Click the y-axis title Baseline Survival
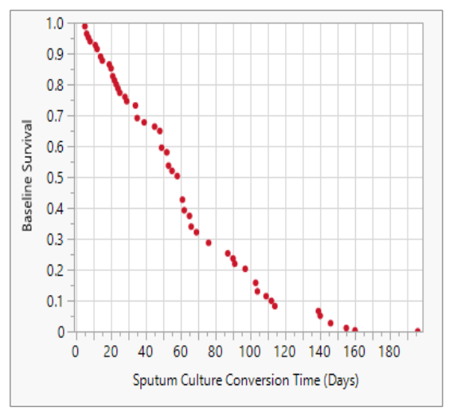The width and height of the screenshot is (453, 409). pyautogui.click(x=27, y=176)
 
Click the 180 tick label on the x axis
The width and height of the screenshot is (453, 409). pyautogui.click(x=390, y=352)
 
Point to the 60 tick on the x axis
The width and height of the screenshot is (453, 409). pyautogui.click(x=181, y=352)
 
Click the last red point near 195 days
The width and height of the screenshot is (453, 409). pyautogui.click(x=418, y=331)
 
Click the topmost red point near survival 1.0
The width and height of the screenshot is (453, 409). pyautogui.click(x=85, y=26)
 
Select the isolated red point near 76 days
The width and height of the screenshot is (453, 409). pyautogui.click(x=209, y=242)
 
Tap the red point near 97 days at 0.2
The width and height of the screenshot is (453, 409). pyautogui.click(x=245, y=269)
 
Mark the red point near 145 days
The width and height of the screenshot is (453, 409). pyautogui.click(x=330, y=323)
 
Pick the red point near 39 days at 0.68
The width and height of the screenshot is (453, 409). pyautogui.click(x=144, y=122)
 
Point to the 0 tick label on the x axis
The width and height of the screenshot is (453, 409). pyautogui.click(x=76, y=352)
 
